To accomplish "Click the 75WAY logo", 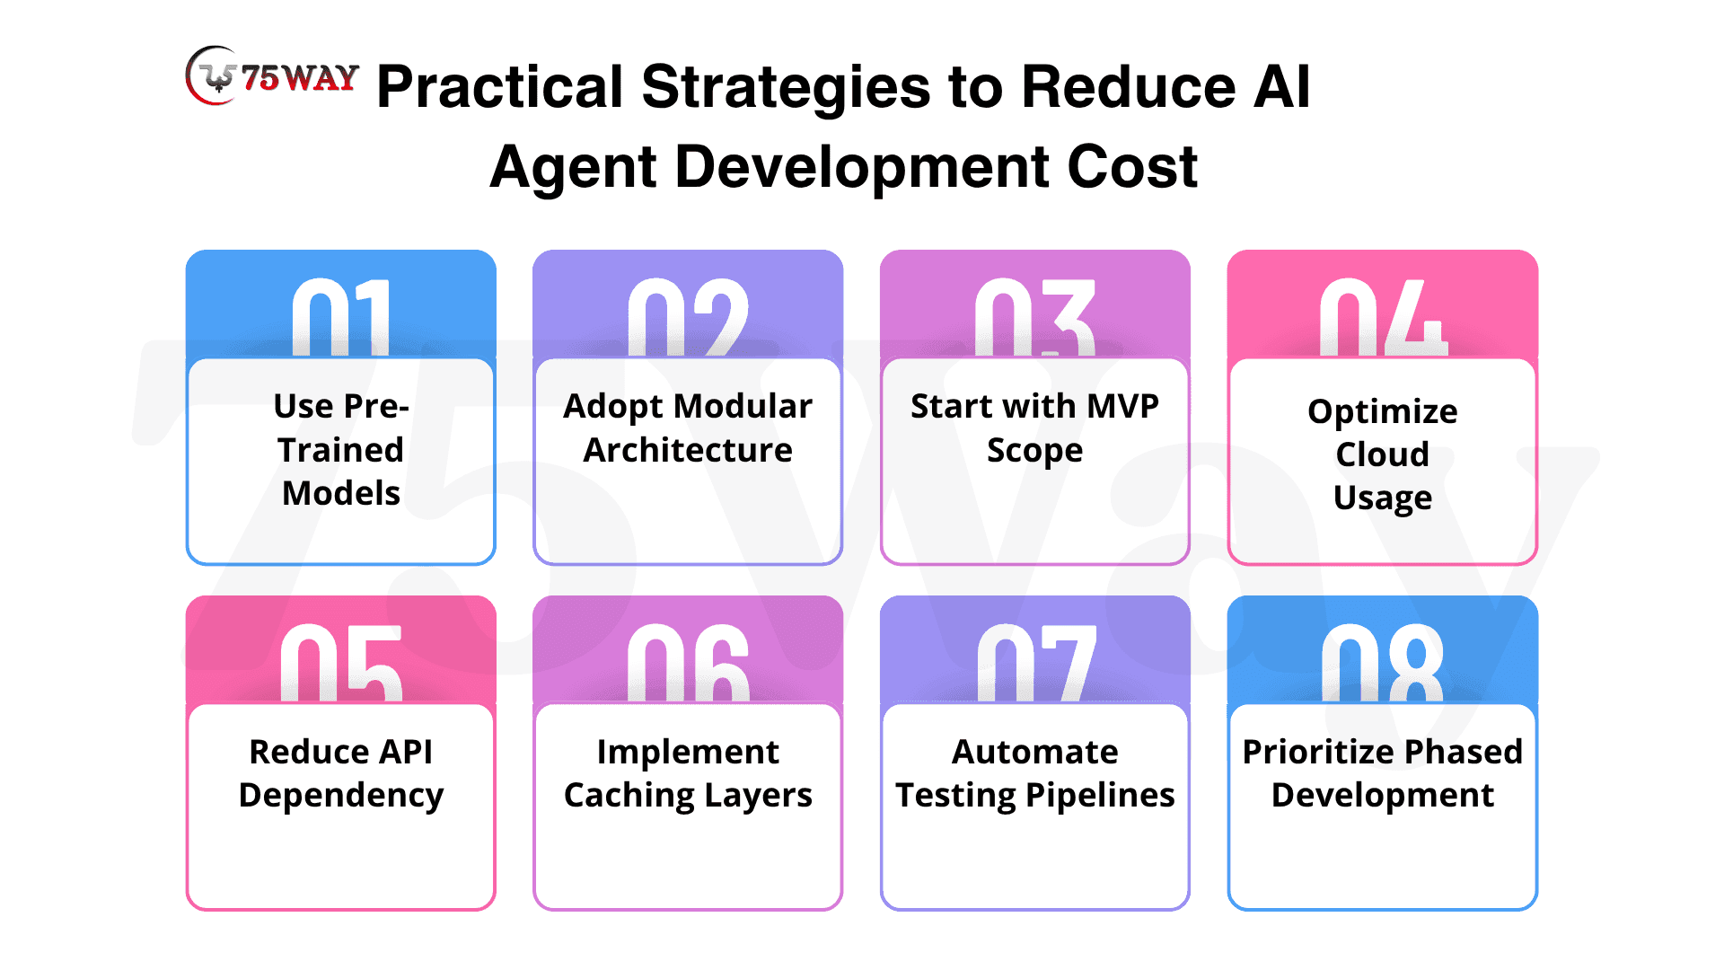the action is point(272,76).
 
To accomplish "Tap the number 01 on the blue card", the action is point(342,317).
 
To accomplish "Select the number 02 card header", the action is point(688,304).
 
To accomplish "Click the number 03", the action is point(1035,317).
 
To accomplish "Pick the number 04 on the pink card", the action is point(1383,317).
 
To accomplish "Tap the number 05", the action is point(341,663).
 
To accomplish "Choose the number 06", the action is point(688,663).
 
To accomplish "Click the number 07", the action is point(1036,663).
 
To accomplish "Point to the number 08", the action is point(1383,663).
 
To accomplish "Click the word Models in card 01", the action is point(341,493).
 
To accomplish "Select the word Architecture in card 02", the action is point(688,450).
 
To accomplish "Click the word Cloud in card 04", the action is point(1383,454).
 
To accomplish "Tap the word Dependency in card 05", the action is point(341,797).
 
